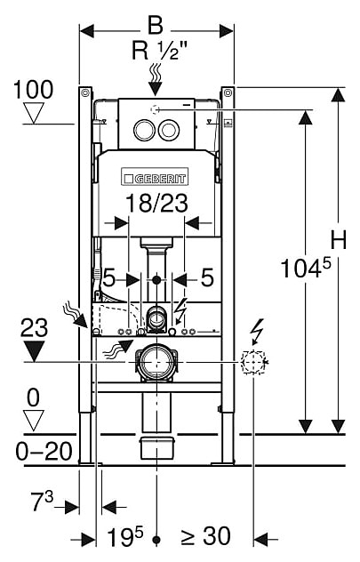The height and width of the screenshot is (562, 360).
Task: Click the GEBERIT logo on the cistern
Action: coord(155,177)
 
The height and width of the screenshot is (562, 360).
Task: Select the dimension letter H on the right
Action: coord(338,240)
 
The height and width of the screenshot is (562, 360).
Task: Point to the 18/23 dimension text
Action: coord(157,204)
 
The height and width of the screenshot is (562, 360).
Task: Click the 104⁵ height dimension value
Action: coord(306,268)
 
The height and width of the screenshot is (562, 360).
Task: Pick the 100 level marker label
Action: coord(33,89)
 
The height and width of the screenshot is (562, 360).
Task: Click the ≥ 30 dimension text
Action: coord(205,536)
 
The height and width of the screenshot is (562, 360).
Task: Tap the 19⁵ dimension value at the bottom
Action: coord(125,536)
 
